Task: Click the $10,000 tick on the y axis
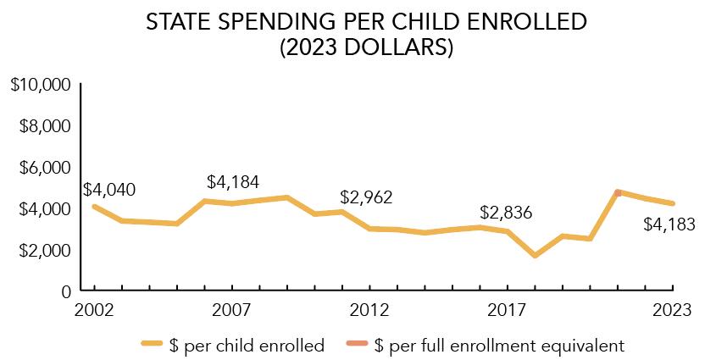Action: (x=39, y=85)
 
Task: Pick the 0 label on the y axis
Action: (x=64, y=291)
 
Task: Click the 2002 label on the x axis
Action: (x=94, y=310)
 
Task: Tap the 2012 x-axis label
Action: (x=369, y=310)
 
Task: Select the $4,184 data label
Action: (x=233, y=182)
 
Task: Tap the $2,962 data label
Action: (x=367, y=197)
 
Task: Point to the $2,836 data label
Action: (x=506, y=213)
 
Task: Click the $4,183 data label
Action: (x=669, y=225)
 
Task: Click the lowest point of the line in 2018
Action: (x=535, y=255)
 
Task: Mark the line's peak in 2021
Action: (x=618, y=192)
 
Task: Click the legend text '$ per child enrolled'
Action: (x=246, y=345)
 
